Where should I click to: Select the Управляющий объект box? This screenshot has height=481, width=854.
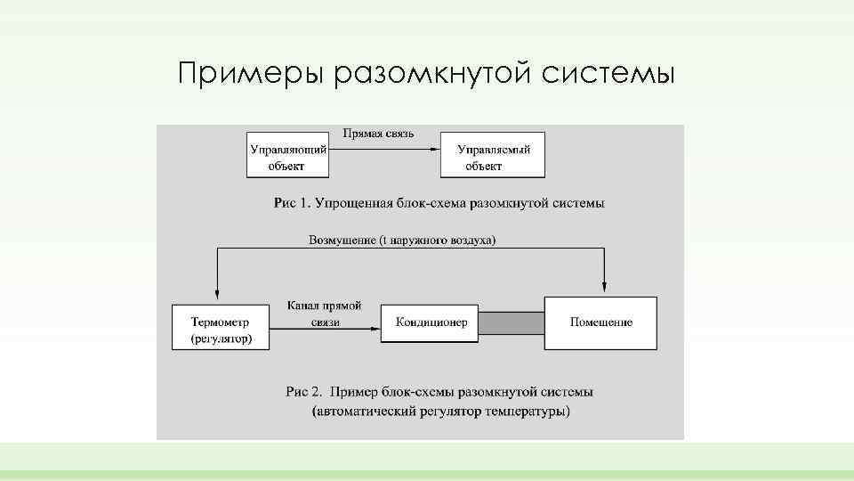click(x=287, y=155)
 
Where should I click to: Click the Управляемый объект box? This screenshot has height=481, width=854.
click(x=493, y=155)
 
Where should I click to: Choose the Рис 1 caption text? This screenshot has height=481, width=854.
click(x=439, y=203)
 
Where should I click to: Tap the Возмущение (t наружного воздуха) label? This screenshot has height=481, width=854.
click(x=402, y=240)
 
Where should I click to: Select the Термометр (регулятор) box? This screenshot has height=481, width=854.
click(x=220, y=327)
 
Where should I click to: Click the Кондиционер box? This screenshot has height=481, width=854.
click(x=431, y=322)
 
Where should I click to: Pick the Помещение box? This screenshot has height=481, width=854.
click(x=601, y=322)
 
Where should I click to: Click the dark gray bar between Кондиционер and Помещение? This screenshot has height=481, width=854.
click(x=512, y=322)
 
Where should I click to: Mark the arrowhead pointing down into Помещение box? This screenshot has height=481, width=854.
click(x=605, y=287)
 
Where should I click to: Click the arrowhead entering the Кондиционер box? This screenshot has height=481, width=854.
click(x=375, y=329)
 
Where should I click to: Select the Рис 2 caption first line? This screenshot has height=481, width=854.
click(x=439, y=391)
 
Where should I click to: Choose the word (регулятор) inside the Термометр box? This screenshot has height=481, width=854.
click(x=221, y=338)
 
